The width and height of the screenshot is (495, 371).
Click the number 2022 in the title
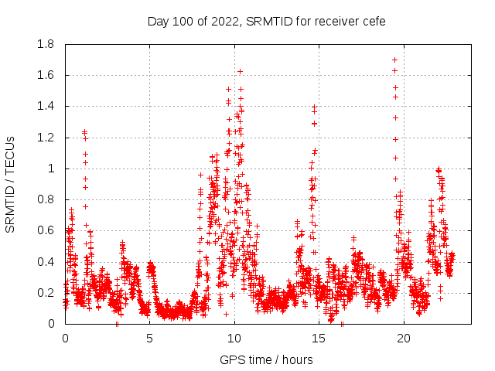tap(224, 21)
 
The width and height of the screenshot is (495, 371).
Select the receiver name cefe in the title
tap(372, 21)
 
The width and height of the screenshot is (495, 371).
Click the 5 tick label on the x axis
tap(150, 338)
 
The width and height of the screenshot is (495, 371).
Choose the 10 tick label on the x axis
tap(234, 338)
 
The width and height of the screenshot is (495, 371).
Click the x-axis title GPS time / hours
tap(266, 359)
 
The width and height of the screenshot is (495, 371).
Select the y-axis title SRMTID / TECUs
tap(10, 184)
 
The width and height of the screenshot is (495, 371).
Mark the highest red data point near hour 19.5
tap(394, 60)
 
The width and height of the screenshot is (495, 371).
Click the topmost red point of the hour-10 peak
tap(240, 71)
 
